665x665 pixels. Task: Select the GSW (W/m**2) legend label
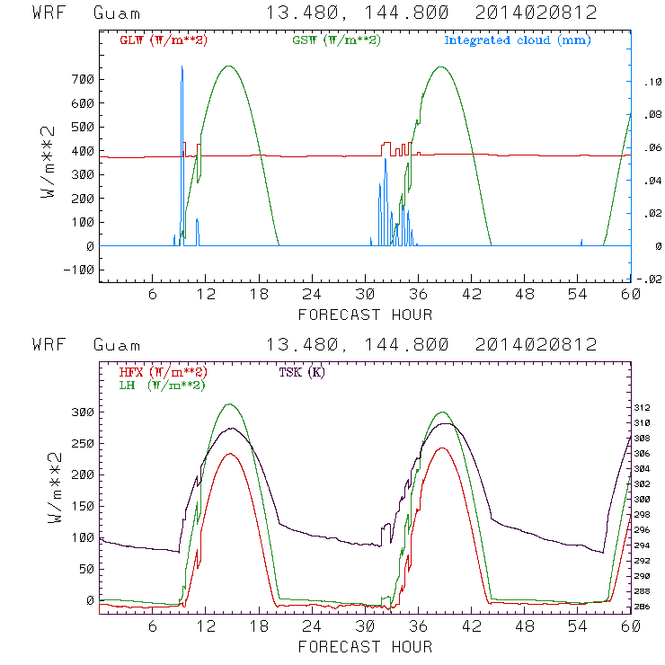tap(334, 40)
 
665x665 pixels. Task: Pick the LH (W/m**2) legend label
tap(161, 385)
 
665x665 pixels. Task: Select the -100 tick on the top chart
tap(78, 270)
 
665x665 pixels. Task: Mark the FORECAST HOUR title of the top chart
tap(365, 315)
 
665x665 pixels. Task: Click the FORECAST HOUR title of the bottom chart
tap(365, 646)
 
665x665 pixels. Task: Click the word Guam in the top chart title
tap(117, 13)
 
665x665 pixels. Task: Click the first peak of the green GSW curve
tap(229, 66)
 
